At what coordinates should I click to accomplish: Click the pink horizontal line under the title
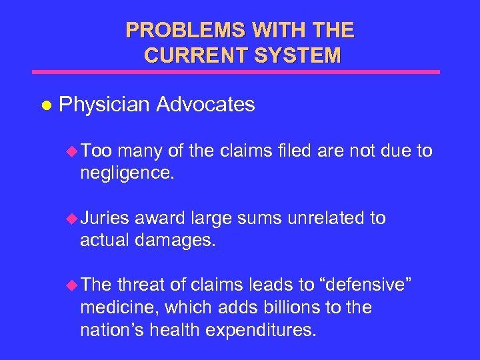pyautogui.click(x=237, y=71)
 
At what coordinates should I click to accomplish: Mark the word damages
pyautogui.click(x=177, y=241)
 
